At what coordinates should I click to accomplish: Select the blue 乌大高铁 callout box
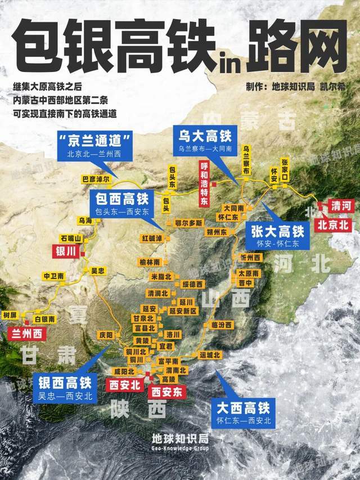205,141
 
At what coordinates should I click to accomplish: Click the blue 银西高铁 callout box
66,388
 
